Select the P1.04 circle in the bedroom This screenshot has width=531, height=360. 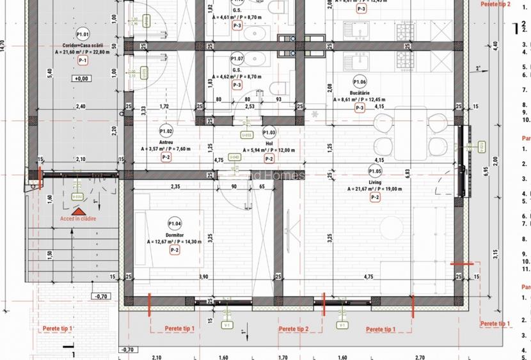pos(174,224)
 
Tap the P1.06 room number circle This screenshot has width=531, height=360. pos(359,82)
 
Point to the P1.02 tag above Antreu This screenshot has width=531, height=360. pos(166,130)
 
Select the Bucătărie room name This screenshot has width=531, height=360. pos(359,93)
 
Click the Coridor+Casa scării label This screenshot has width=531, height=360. pos(83,46)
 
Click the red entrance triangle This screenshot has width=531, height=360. pos(78,210)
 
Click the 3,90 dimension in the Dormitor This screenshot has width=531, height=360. pos(203,276)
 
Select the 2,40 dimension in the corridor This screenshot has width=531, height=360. pos(81,106)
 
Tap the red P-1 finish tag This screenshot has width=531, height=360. pos(83,60)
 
